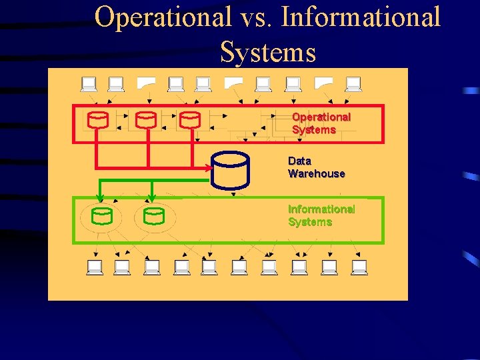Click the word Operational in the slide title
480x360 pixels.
click(163, 17)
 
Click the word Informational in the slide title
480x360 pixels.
click(361, 17)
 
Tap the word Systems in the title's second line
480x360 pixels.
click(267, 51)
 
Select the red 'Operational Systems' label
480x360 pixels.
click(321, 123)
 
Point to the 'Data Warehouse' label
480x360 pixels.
click(316, 167)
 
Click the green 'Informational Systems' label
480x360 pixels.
click(321, 215)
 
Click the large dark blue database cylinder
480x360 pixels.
click(231, 169)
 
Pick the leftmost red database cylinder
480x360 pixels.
click(97, 120)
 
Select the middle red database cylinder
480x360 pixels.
click(145, 120)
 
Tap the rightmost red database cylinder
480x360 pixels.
click(190, 120)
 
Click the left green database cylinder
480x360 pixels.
click(102, 216)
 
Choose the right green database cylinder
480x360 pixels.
click(154, 216)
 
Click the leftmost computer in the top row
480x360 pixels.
click(89, 84)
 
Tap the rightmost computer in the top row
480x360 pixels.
click(353, 84)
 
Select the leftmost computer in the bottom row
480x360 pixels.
click(95, 267)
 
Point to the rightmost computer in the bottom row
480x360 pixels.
click(359, 267)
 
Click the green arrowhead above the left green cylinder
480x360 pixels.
click(100, 197)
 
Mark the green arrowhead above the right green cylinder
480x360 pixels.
click(152, 197)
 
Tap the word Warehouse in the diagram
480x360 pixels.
click(316, 174)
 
